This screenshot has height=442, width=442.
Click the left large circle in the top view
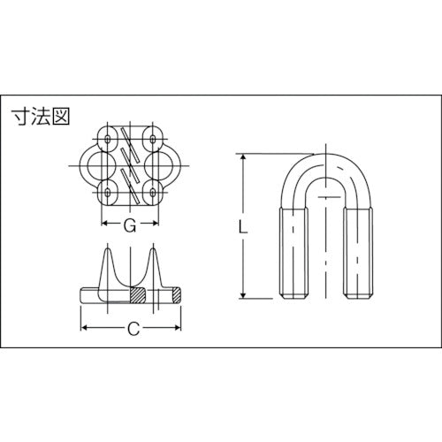tap(99, 164)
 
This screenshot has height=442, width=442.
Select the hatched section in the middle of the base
tap(138, 293)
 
